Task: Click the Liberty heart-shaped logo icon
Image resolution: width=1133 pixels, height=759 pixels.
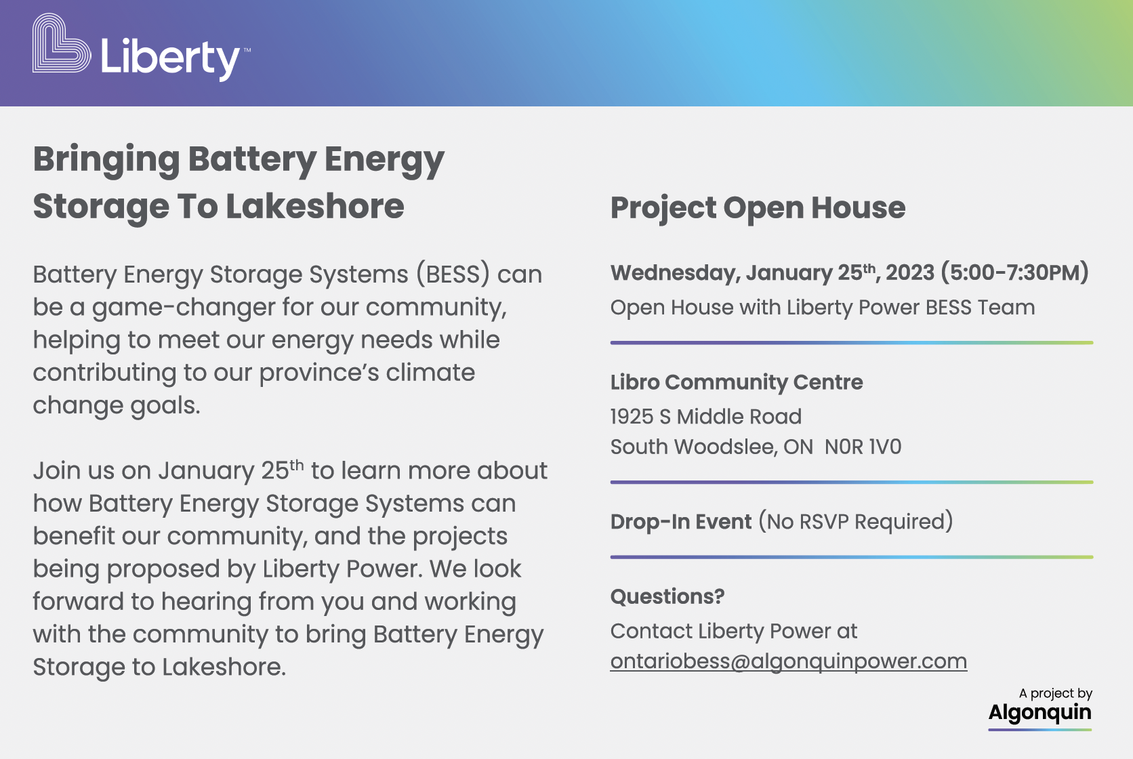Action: (x=62, y=43)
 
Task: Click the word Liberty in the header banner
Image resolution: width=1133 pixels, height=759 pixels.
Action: (x=170, y=59)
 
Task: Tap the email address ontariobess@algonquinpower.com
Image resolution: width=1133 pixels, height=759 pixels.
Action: (x=789, y=661)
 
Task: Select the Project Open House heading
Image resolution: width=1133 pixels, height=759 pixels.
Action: (x=758, y=208)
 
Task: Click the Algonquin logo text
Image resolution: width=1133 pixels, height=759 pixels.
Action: (x=1040, y=713)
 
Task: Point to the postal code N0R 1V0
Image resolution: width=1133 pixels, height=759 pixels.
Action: (x=863, y=447)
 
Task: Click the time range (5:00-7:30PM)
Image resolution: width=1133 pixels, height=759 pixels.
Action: (x=1014, y=272)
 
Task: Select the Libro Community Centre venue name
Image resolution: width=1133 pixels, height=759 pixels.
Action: (x=737, y=382)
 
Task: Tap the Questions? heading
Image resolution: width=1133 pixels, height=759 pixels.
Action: (x=667, y=596)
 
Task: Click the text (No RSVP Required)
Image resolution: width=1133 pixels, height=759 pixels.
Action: (x=856, y=522)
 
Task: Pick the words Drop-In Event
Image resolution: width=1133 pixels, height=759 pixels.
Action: (x=681, y=522)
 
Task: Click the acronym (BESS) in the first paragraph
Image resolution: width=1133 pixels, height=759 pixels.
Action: (x=453, y=274)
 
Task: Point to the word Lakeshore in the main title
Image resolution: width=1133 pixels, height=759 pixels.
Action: (x=314, y=207)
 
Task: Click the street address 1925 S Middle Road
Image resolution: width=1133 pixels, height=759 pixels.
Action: (x=705, y=417)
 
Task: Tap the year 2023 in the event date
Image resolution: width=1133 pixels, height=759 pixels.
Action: (x=910, y=272)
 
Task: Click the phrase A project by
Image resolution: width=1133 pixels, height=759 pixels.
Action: (x=1056, y=693)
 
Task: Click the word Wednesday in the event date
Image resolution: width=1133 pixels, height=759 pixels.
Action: (x=676, y=273)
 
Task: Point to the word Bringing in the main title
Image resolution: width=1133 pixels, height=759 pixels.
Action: (x=106, y=161)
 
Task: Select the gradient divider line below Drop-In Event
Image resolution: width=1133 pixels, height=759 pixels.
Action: (x=852, y=557)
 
